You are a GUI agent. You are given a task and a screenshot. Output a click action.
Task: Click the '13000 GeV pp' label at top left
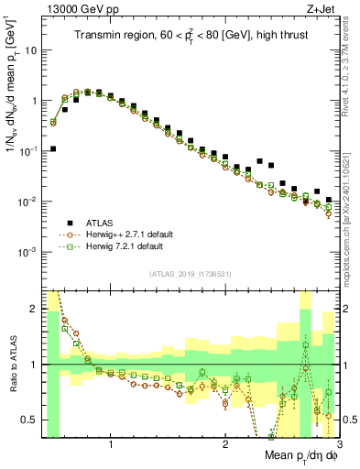(75, 8)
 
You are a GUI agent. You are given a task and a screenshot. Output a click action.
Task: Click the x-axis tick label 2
(225, 445)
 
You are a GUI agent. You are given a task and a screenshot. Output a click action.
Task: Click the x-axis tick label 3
(337, 445)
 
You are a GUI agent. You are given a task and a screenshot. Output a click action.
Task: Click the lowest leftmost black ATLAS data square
(53, 148)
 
